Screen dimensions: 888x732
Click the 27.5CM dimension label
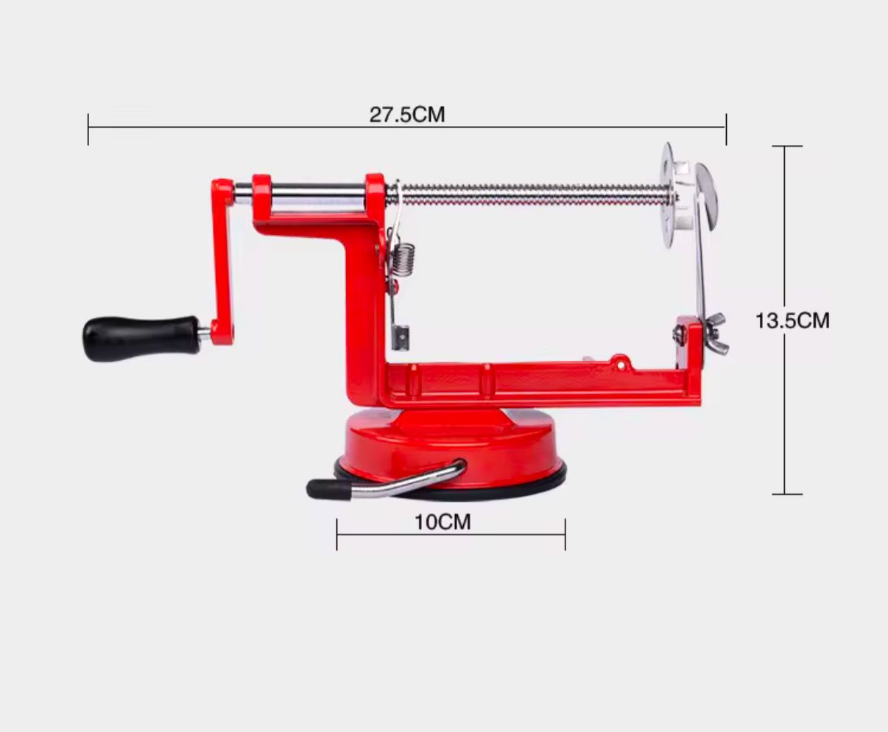(x=407, y=115)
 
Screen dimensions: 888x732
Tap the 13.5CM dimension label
(x=792, y=320)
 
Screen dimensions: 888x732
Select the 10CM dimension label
(x=443, y=522)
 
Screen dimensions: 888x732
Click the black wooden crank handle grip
(x=141, y=338)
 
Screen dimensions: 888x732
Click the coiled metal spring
(x=404, y=259)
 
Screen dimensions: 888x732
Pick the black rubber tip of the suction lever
(x=328, y=490)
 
